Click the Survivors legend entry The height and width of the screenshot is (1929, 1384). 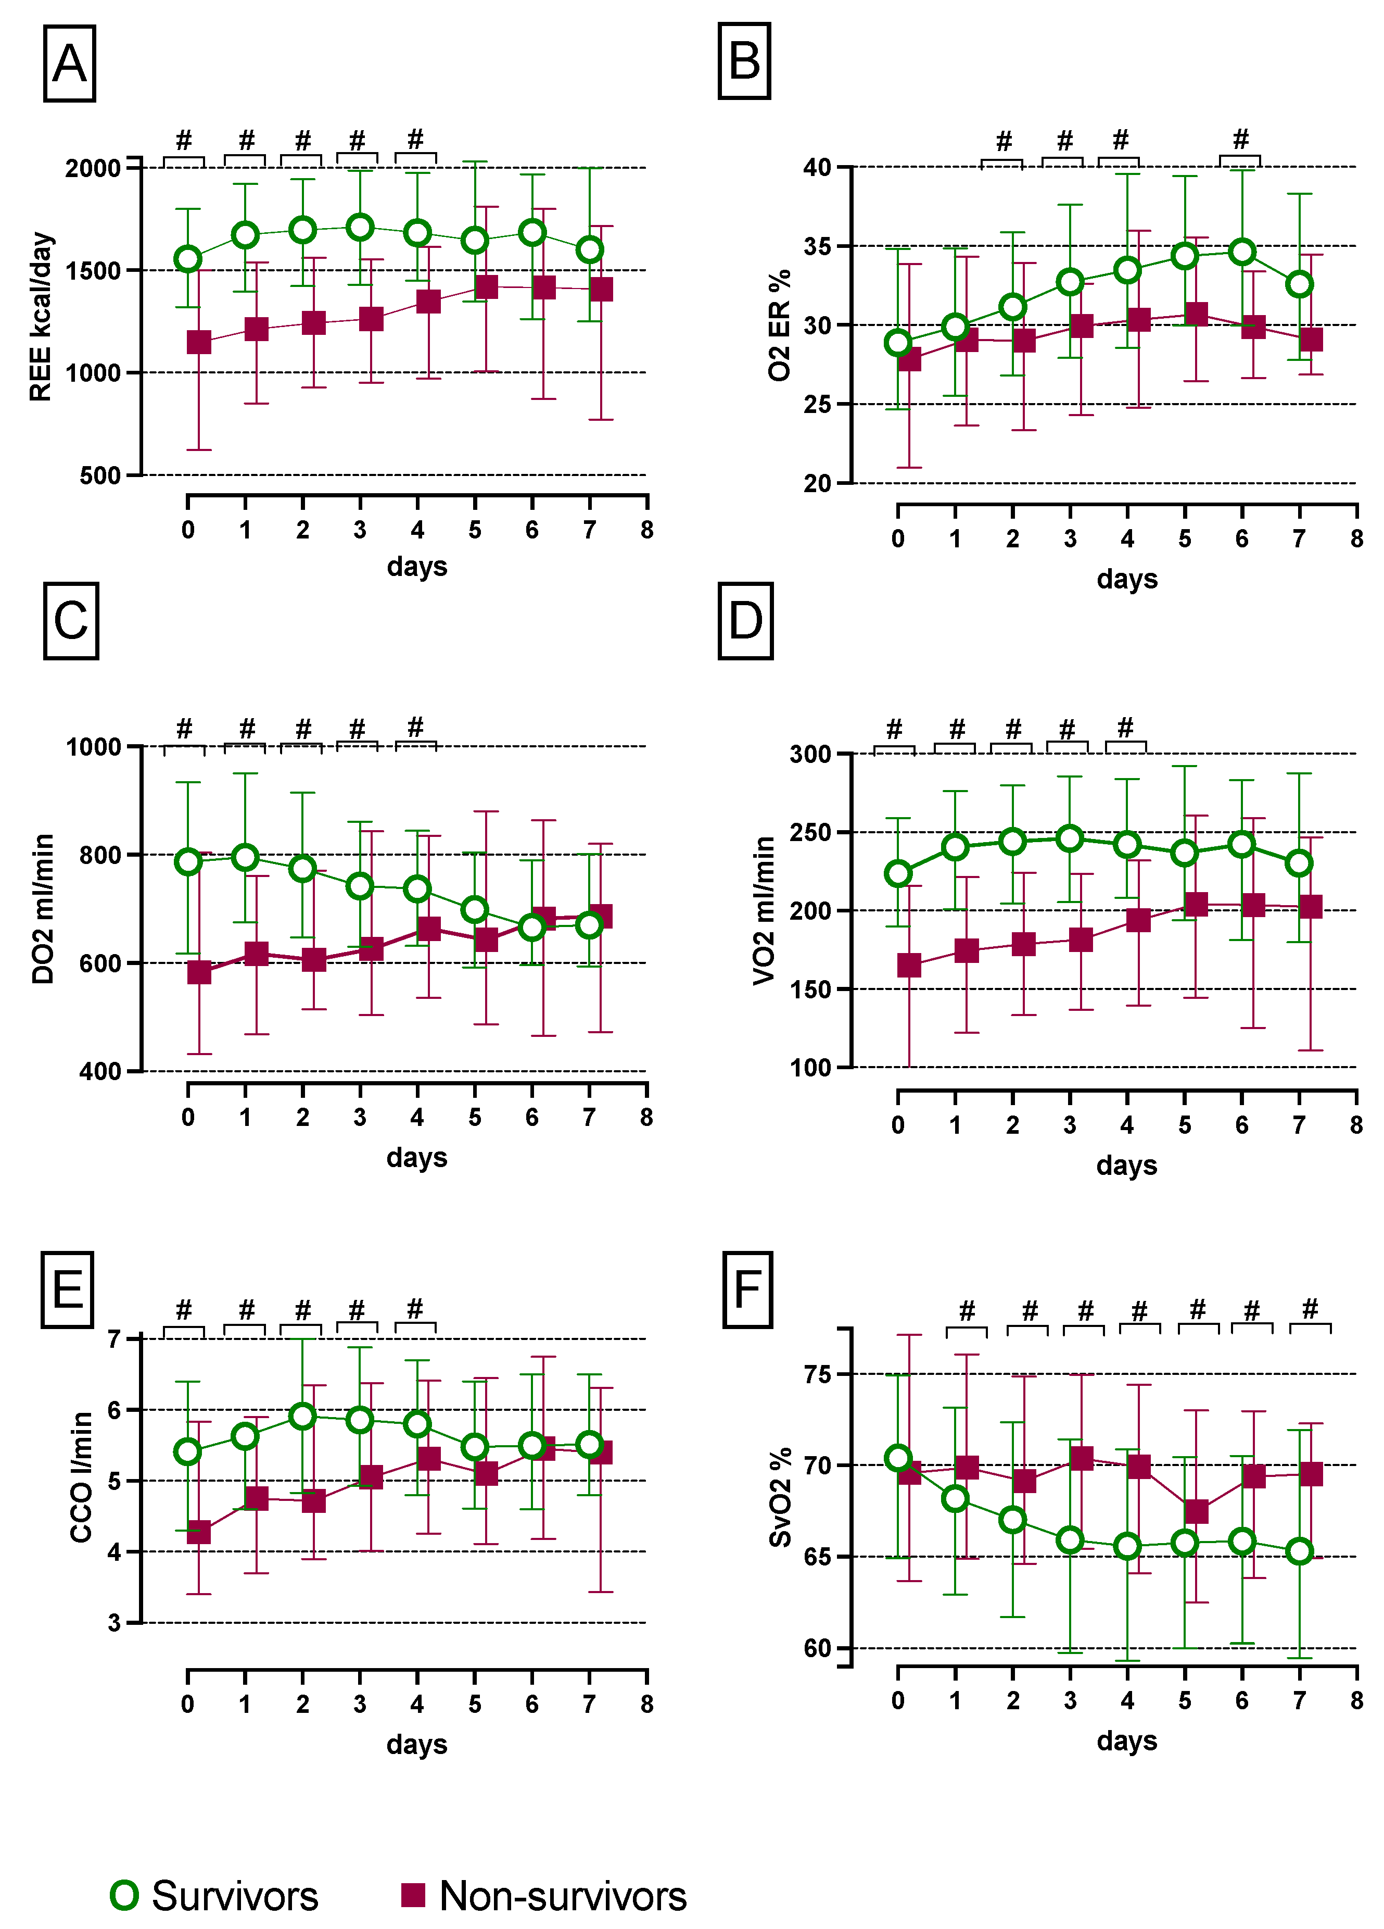[x=214, y=1896]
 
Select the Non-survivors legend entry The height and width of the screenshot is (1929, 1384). [x=544, y=1896]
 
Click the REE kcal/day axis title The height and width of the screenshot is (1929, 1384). [x=40, y=317]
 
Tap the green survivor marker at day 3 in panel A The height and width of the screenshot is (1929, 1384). [x=360, y=227]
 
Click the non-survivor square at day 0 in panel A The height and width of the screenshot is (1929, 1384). [x=199, y=342]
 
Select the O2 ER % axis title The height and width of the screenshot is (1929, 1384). [x=779, y=325]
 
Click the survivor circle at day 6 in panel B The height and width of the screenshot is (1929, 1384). [x=1242, y=252]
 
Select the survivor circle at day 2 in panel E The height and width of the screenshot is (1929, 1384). [x=302, y=1416]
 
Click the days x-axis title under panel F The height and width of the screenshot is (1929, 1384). [x=1126, y=1740]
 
